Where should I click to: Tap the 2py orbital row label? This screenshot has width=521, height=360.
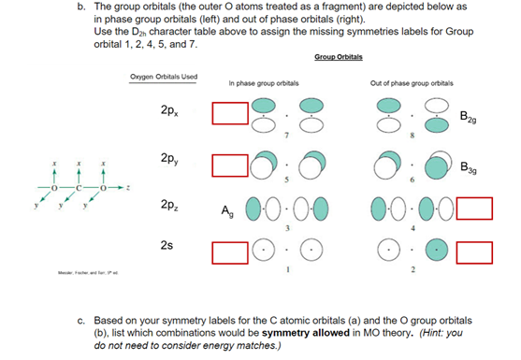(x=170, y=157)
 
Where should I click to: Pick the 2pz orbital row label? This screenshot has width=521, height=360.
(x=170, y=202)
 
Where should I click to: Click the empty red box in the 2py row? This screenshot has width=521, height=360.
(x=228, y=166)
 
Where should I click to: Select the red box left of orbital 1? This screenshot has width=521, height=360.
(x=228, y=252)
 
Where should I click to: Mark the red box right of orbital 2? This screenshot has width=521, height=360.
(x=475, y=252)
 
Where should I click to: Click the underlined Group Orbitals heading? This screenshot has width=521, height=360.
(x=338, y=58)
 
